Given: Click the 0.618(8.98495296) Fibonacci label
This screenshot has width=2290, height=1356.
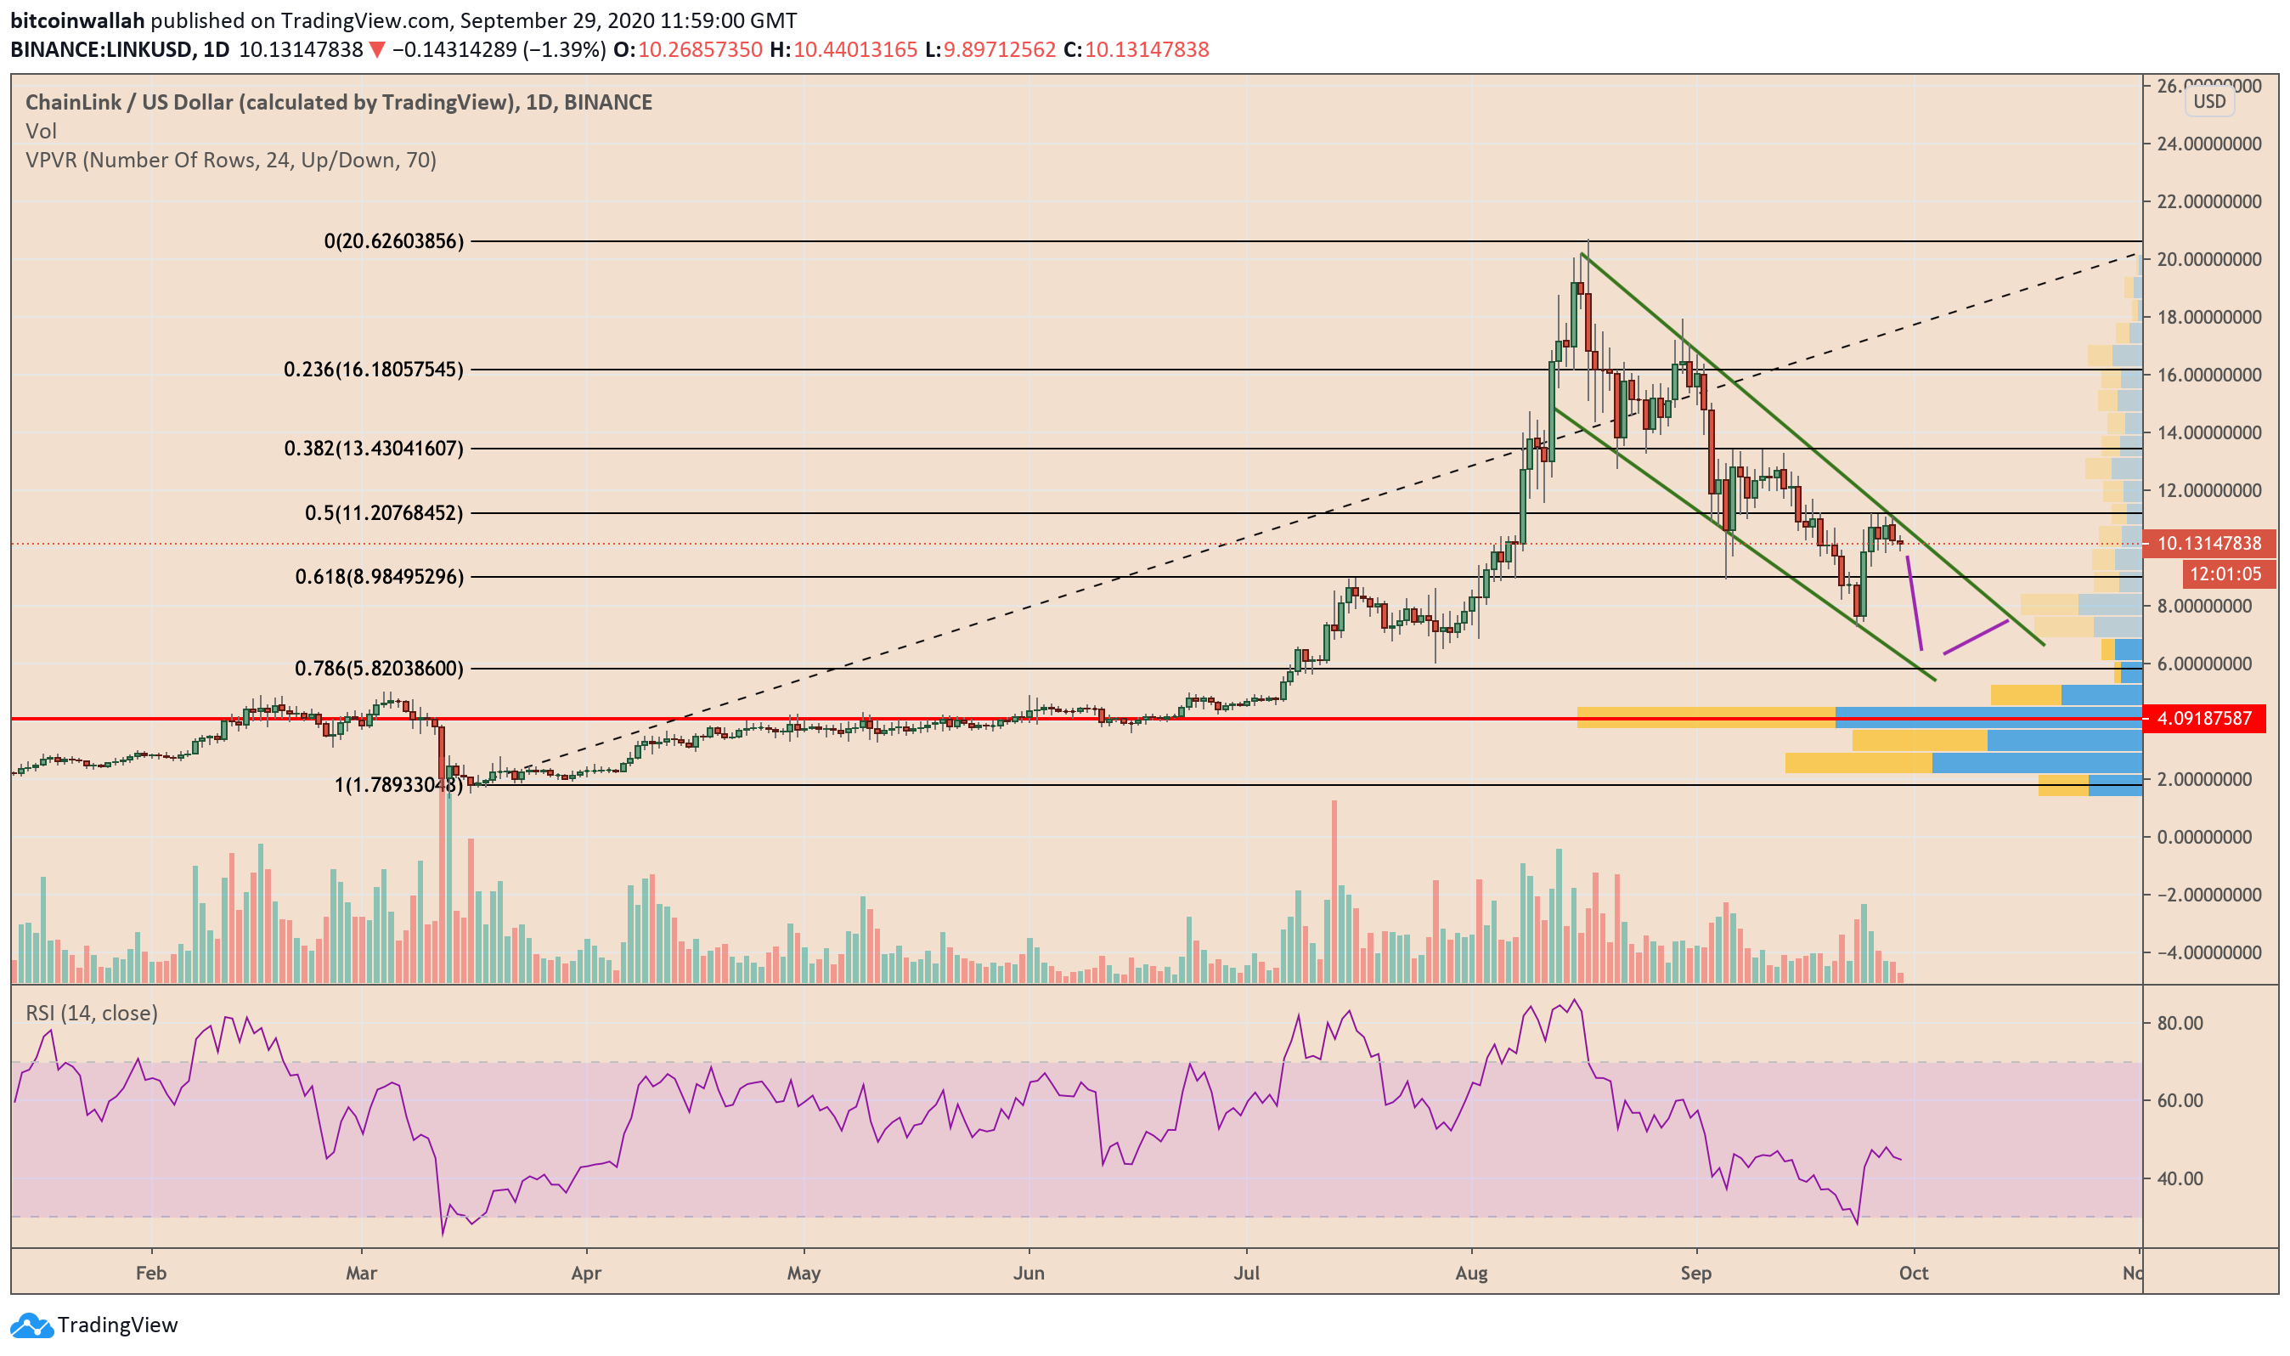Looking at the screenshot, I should (x=379, y=577).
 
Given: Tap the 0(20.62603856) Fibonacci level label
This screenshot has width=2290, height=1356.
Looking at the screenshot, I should (x=393, y=241).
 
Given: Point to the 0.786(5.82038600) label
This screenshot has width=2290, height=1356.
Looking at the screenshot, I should (x=379, y=669).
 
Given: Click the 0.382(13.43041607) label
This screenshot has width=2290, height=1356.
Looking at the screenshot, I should (x=374, y=448).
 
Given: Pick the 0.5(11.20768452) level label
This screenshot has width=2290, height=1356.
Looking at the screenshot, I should (x=384, y=512).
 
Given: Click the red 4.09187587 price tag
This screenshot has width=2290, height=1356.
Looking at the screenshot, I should (x=2203, y=718).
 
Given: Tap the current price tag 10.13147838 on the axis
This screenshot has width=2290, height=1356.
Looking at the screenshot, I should (x=2208, y=544).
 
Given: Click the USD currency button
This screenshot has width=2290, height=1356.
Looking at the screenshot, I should (x=2208, y=101).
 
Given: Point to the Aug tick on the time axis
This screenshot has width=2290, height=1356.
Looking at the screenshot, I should (x=1470, y=1273).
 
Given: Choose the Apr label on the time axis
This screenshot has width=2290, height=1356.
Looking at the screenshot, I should (x=585, y=1273).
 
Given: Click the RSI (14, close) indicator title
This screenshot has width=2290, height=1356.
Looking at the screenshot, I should (x=92, y=1013).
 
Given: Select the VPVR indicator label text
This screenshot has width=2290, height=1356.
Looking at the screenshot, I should (x=230, y=160).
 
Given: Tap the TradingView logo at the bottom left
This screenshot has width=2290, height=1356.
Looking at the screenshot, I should (x=94, y=1324).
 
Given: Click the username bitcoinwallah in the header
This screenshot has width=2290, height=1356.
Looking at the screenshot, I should (x=77, y=20).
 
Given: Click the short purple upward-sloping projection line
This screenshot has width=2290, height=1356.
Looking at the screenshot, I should (x=1976, y=637).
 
